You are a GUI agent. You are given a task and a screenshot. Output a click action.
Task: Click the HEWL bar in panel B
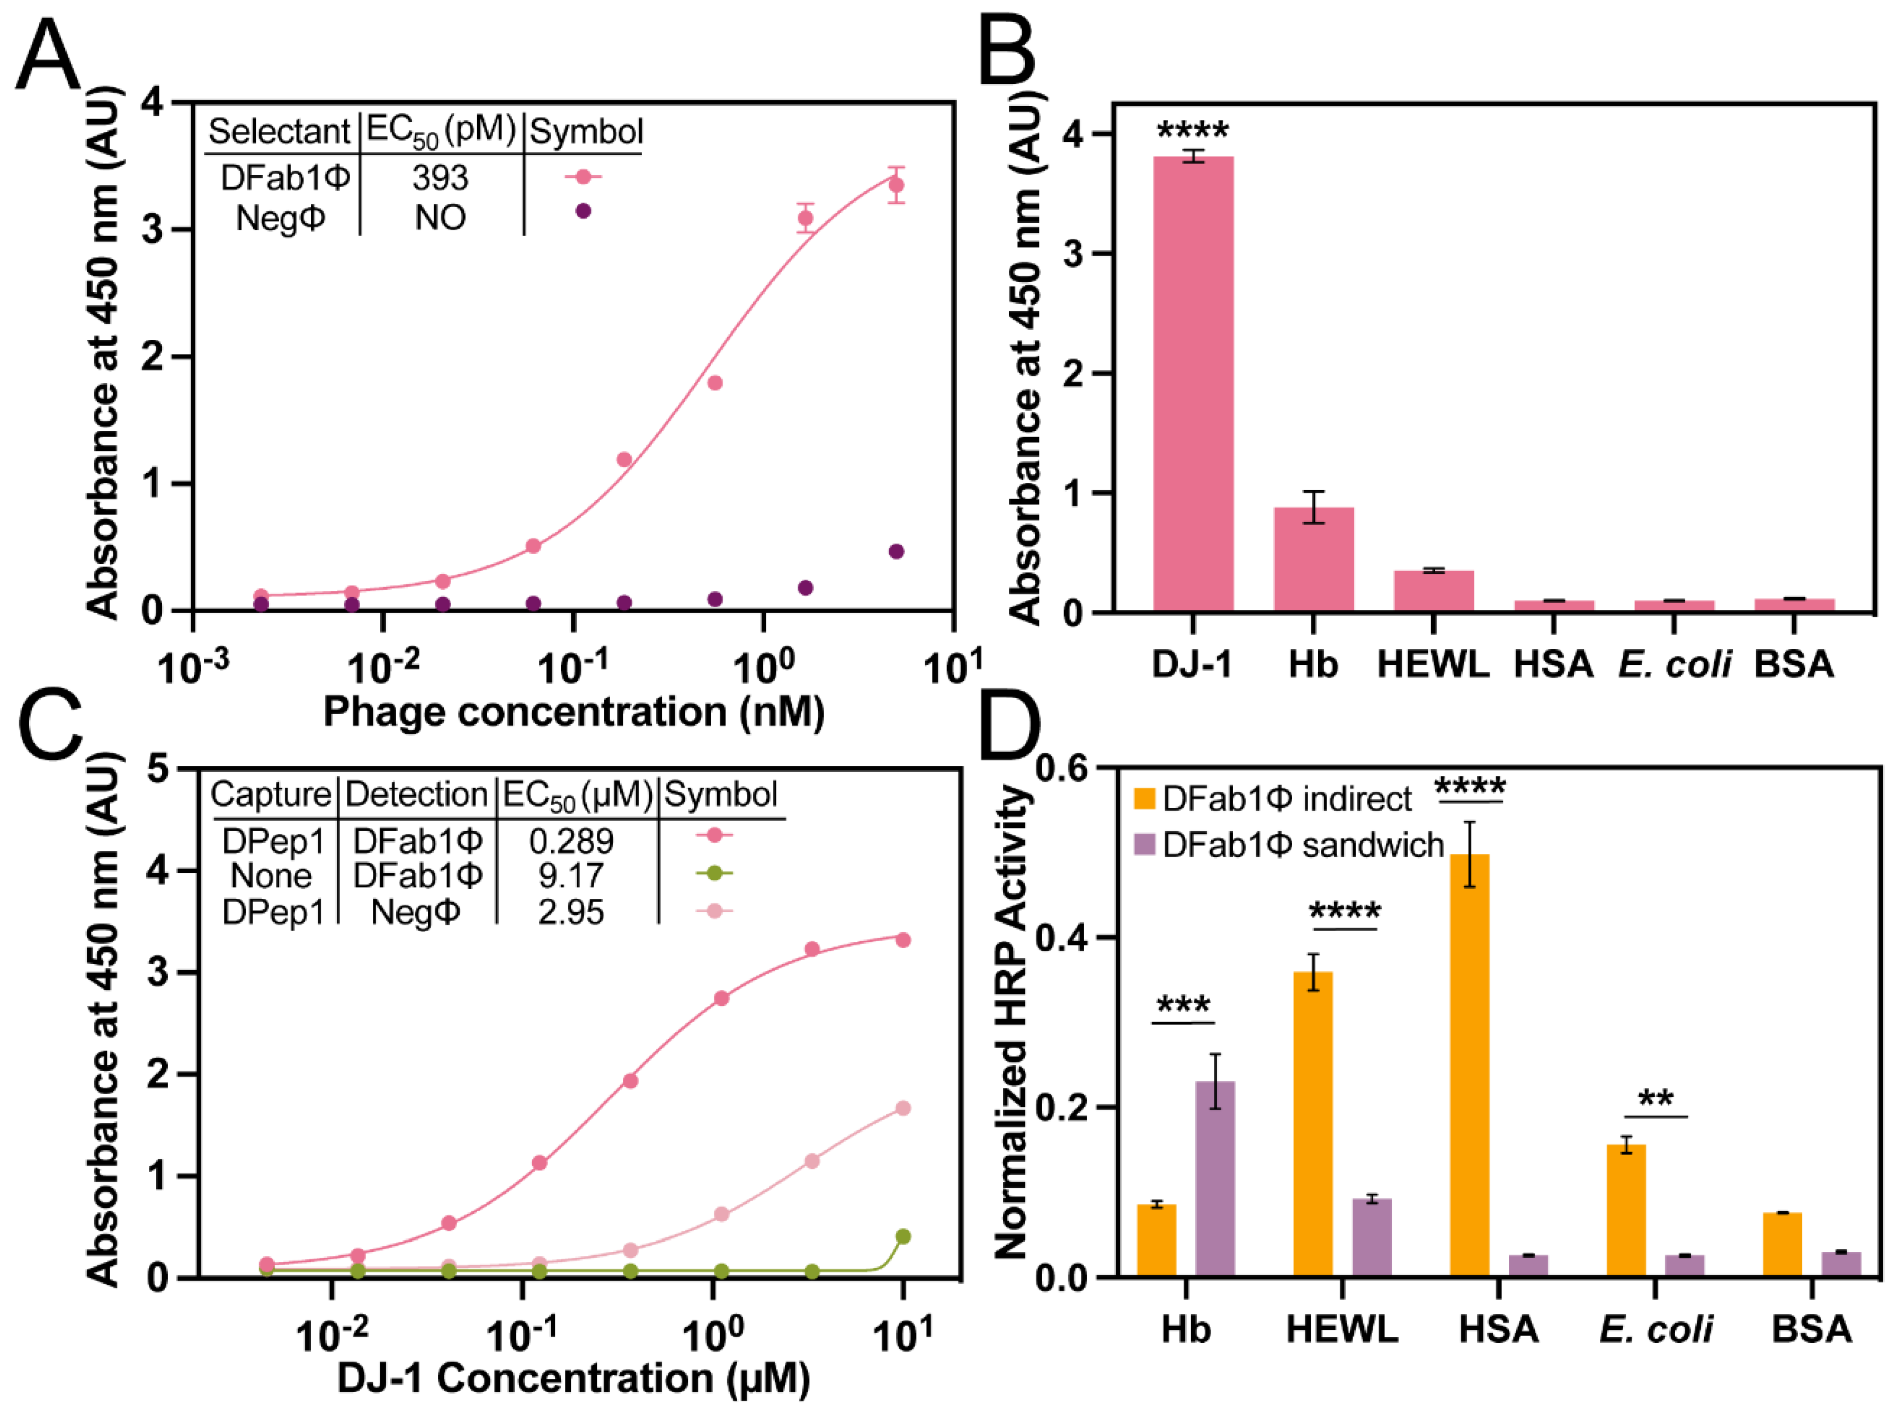(1433, 590)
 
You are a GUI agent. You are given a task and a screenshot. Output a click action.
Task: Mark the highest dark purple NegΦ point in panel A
(896, 551)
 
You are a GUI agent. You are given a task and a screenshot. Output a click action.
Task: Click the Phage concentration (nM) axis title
(573, 712)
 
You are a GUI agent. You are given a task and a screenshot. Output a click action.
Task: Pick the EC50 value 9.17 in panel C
(571, 876)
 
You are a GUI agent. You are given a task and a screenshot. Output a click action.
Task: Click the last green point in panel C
(902, 1236)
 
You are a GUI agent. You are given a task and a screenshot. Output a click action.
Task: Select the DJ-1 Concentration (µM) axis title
(573, 1378)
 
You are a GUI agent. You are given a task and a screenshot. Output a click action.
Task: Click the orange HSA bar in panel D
(1469, 1065)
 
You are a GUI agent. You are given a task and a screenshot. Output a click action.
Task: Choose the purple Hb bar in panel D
(1214, 1178)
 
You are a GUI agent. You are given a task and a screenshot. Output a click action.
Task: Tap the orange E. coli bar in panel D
(1625, 1210)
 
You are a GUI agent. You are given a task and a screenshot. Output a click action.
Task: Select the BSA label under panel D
(1811, 1329)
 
